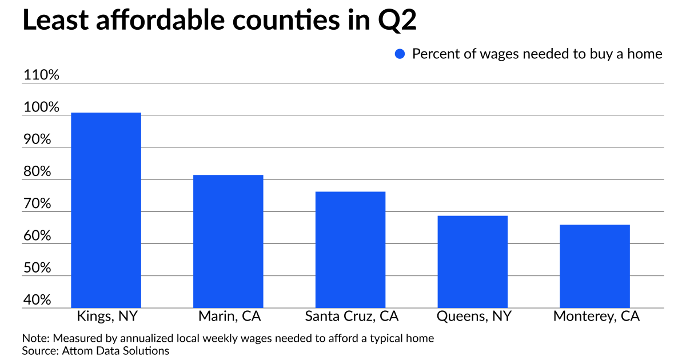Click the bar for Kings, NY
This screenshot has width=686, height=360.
pyautogui.click(x=106, y=210)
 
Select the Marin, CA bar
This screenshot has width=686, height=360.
pyautogui.click(x=228, y=241)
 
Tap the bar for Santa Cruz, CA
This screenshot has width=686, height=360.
pyautogui.click(x=350, y=250)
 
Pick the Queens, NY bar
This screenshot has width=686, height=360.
pyautogui.click(x=473, y=262)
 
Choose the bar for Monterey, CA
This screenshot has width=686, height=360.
pyautogui.click(x=595, y=266)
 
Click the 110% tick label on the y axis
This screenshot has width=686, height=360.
pyautogui.click(x=41, y=75)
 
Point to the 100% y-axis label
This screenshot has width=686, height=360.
pyautogui.click(x=41, y=108)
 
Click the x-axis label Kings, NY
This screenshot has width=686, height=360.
pyautogui.click(x=107, y=317)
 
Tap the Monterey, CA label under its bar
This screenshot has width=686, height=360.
pyautogui.click(x=596, y=317)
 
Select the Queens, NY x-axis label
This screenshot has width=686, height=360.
pyautogui.click(x=474, y=317)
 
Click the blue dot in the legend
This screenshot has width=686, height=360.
pyautogui.click(x=400, y=54)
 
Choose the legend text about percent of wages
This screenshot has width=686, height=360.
pyautogui.click(x=537, y=54)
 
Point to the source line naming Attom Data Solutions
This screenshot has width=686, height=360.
pyautogui.click(x=95, y=350)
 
